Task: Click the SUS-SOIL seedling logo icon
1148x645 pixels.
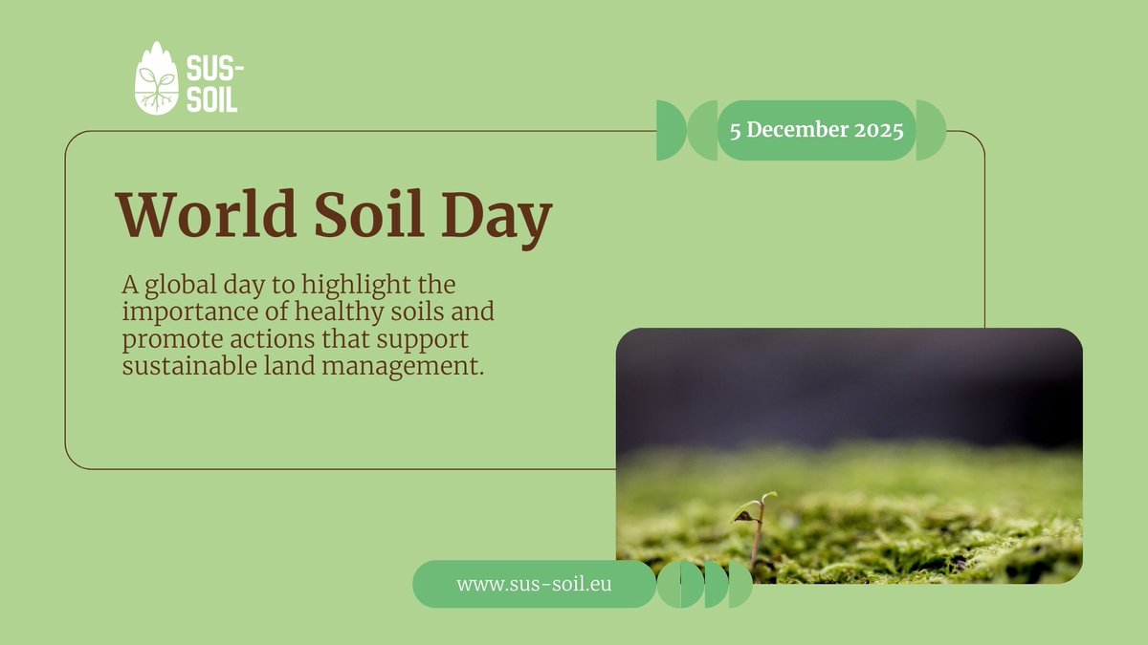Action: click(x=157, y=78)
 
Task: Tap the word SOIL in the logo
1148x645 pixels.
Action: click(x=211, y=98)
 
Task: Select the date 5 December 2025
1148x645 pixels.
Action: click(x=816, y=130)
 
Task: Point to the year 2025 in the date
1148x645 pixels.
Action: click(x=879, y=130)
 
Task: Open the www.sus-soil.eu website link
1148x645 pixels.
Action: click(x=534, y=584)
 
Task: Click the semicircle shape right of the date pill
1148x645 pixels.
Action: click(x=930, y=130)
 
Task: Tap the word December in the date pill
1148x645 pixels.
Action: click(x=799, y=130)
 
